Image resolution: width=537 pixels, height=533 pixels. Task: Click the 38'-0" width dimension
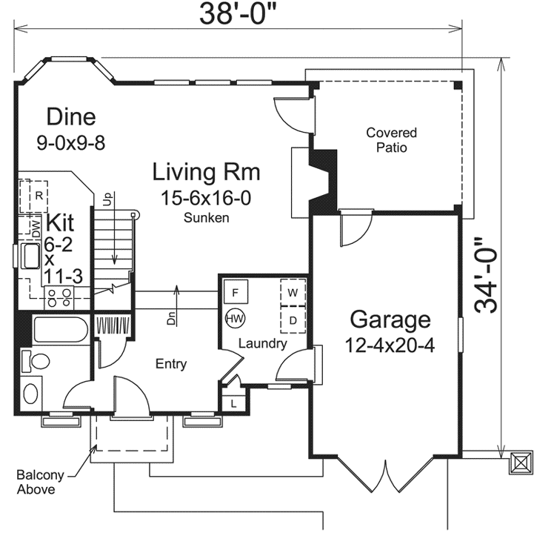point(238,13)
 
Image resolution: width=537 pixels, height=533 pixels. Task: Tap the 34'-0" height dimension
point(485,276)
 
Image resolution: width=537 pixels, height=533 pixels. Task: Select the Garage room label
point(390,319)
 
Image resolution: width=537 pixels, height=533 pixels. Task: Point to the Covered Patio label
point(391,140)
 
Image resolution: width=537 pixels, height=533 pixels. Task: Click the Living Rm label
point(206,171)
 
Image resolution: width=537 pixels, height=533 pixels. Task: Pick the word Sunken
point(206,218)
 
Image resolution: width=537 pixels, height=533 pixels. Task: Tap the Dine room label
point(71,116)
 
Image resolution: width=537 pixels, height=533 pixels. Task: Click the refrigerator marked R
point(33,196)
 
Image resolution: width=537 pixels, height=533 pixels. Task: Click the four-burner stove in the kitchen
point(59,297)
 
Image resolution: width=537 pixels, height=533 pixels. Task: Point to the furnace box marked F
point(236,291)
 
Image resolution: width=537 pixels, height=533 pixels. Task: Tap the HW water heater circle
point(236,319)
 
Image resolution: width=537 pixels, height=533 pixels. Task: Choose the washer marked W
point(293,292)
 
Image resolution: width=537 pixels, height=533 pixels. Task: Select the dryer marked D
point(293,320)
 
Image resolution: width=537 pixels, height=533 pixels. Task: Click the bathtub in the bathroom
point(61,329)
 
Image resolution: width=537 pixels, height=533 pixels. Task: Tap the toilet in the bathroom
point(36,361)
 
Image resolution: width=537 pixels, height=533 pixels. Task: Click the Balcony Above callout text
point(40,482)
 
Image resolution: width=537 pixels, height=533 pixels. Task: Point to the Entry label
point(171,364)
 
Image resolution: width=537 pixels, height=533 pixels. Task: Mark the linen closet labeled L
point(233,403)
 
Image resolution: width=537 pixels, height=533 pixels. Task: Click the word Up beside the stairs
point(107,199)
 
